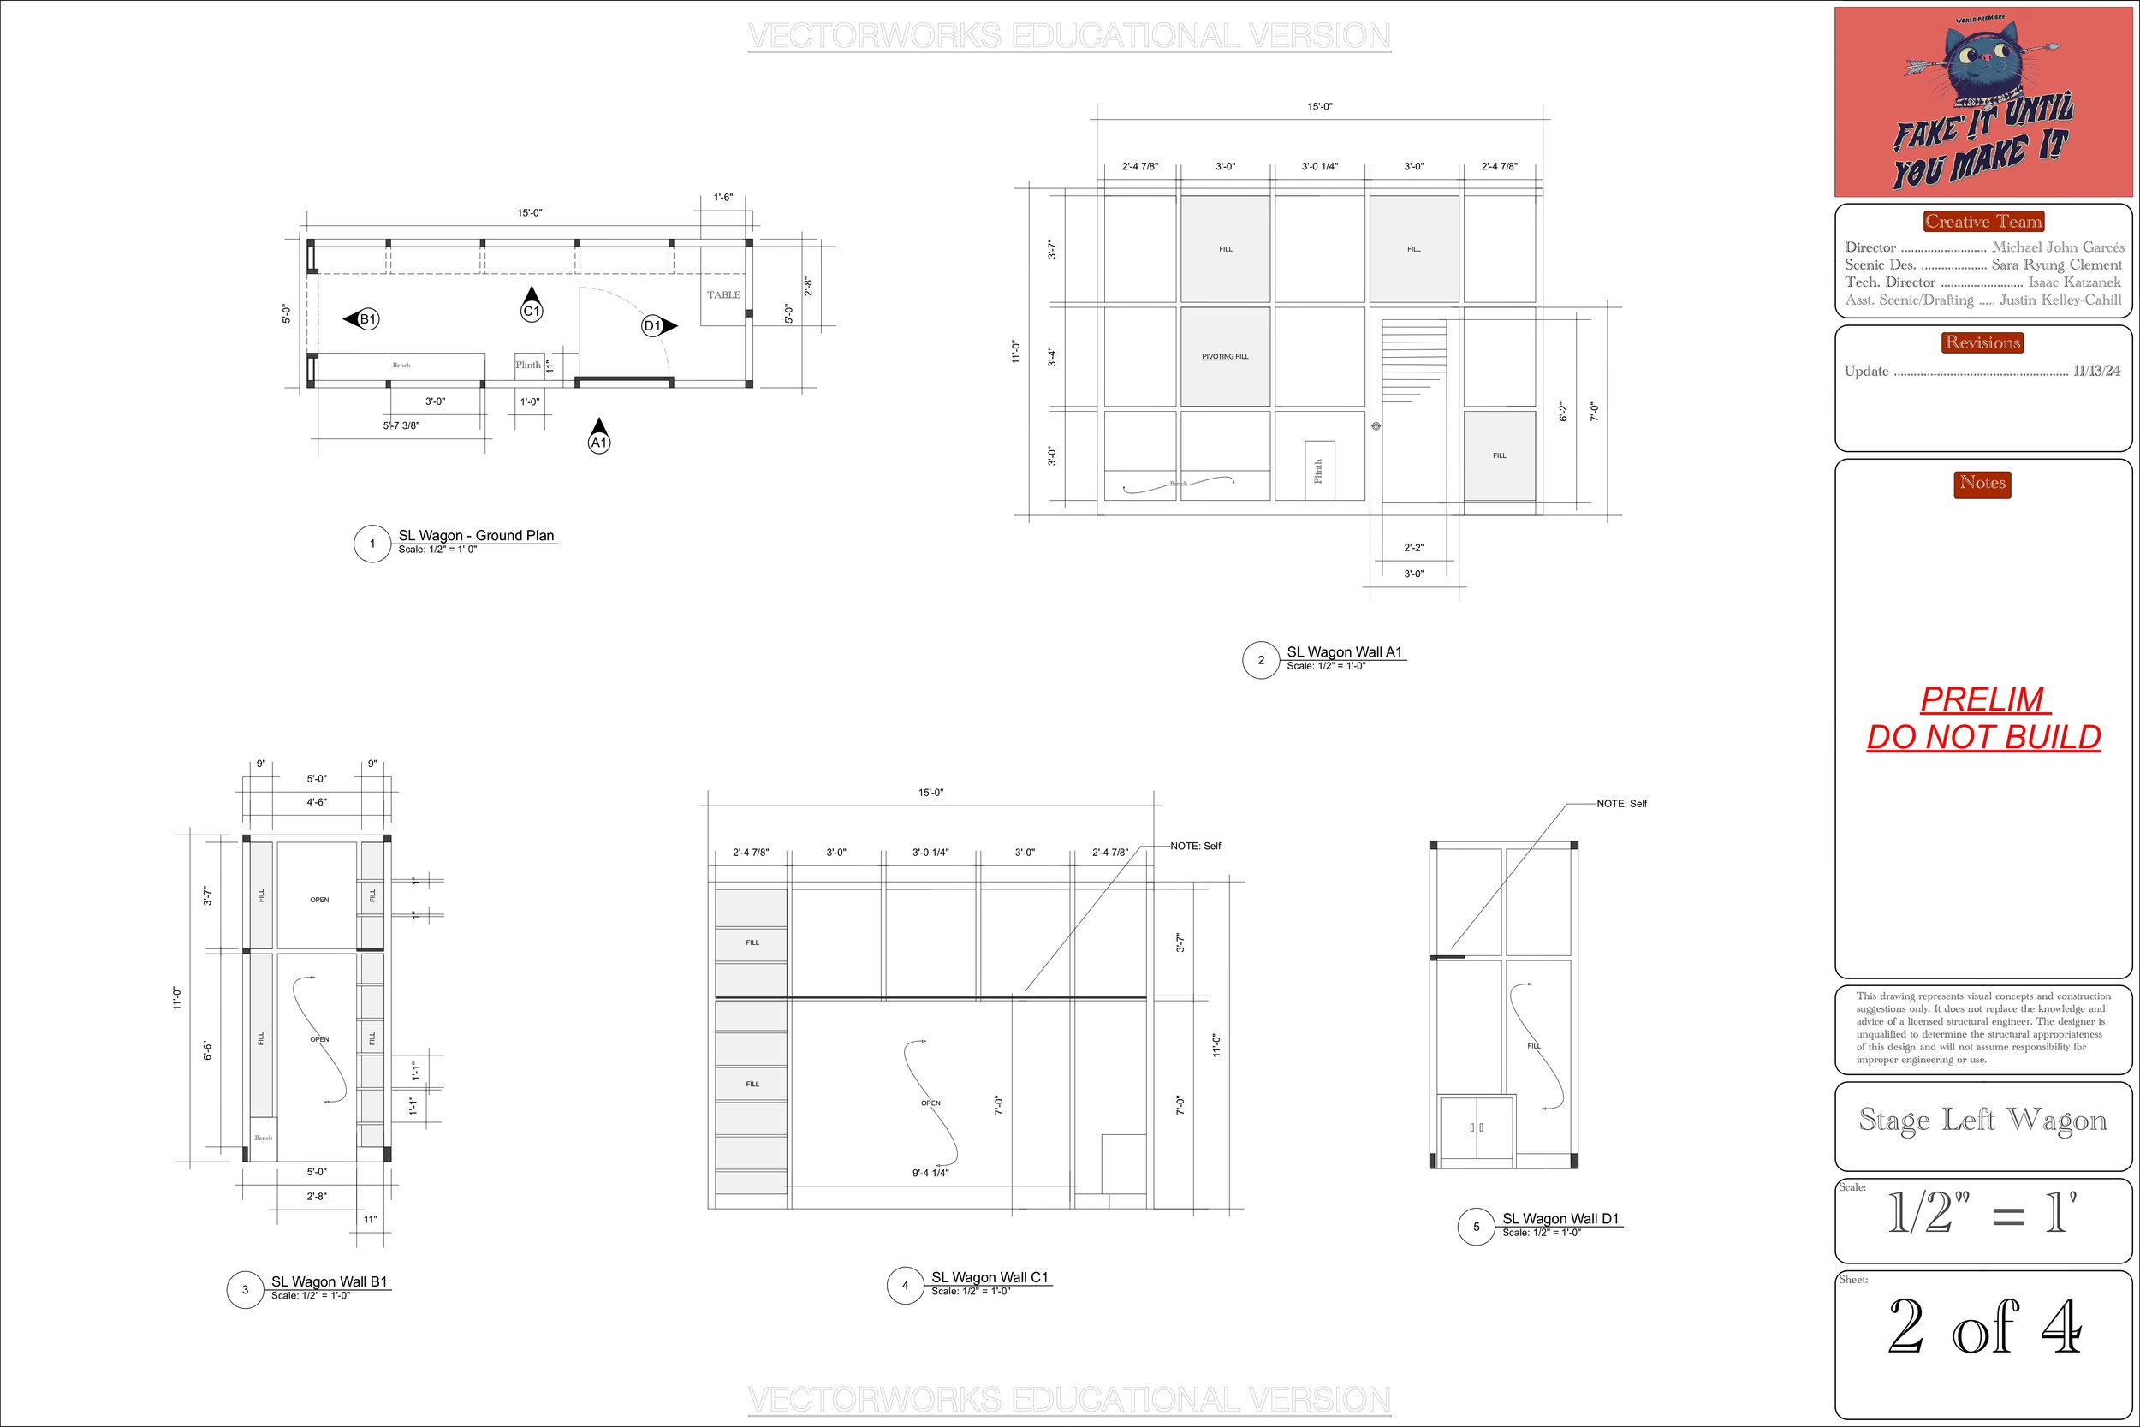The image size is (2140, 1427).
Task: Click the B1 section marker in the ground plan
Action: tap(366, 319)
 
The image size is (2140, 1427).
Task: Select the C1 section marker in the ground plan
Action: tap(532, 311)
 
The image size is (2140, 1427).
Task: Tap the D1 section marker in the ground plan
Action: tap(653, 326)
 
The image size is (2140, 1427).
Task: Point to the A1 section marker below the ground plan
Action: tap(598, 443)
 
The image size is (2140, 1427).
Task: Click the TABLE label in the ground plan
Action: tap(723, 294)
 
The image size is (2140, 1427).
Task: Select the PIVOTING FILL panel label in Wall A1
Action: tap(1225, 357)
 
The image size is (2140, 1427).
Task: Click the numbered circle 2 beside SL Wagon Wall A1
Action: tap(1260, 660)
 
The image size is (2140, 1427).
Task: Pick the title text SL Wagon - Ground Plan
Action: tap(476, 535)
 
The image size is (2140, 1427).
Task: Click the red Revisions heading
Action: tap(1982, 342)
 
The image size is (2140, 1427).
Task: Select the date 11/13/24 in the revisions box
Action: tap(2096, 372)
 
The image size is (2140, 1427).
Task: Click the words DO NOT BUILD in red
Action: tap(1983, 736)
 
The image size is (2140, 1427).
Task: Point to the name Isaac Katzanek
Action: tap(2073, 282)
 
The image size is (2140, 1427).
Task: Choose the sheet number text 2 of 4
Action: tap(1983, 1328)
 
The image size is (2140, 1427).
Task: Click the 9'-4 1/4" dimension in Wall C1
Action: tap(930, 1173)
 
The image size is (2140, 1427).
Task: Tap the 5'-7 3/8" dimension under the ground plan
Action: tap(401, 425)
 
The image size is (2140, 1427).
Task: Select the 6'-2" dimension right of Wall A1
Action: tap(1563, 412)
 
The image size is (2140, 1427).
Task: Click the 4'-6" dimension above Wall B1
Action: tap(316, 802)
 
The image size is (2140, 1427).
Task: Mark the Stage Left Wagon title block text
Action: tap(1982, 1120)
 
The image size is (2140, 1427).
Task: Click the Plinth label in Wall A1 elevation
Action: tap(1317, 471)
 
